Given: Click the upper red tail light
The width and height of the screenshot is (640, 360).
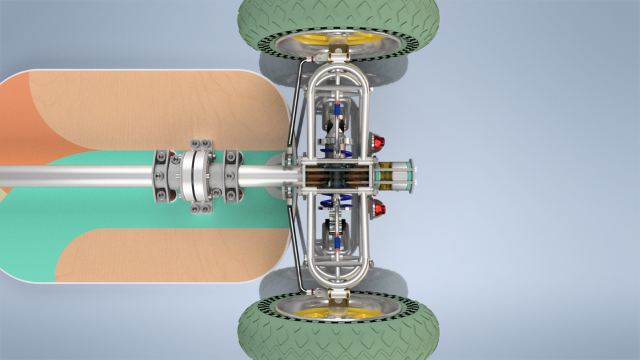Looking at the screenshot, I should [378, 142].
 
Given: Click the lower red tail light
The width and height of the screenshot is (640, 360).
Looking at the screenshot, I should [378, 209].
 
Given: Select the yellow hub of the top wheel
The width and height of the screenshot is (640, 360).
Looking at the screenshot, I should [360, 38].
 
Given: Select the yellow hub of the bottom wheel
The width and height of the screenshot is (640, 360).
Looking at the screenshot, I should [360, 313].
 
